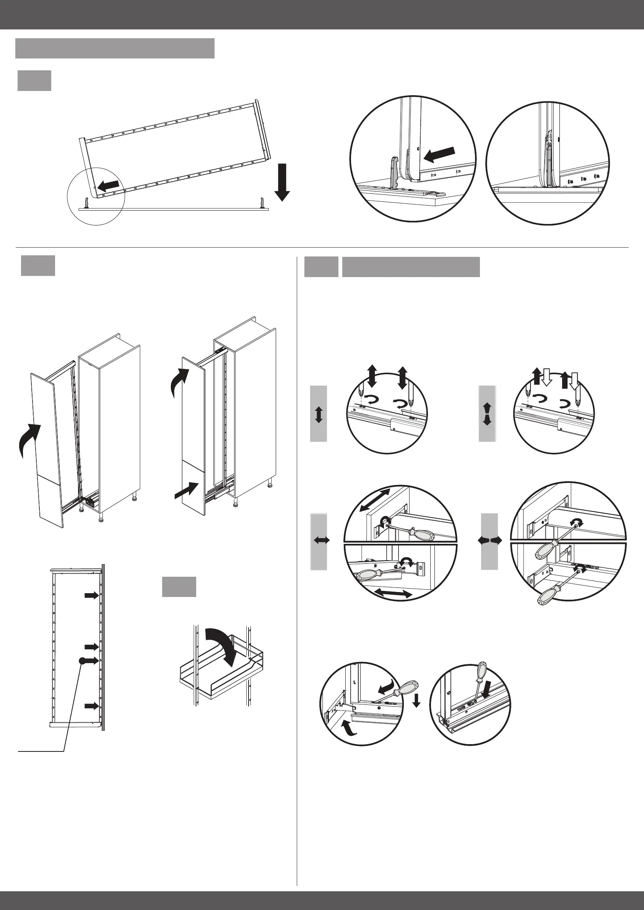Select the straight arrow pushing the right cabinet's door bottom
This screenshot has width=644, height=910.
(x=187, y=490)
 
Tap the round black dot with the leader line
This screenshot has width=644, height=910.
(x=82, y=661)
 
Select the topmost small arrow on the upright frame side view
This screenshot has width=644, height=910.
(x=92, y=595)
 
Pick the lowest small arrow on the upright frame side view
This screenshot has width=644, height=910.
(x=92, y=706)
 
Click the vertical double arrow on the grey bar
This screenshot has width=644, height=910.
(x=319, y=414)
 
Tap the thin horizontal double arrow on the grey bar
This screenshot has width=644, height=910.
(x=322, y=540)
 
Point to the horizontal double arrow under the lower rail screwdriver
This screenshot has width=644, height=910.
(x=393, y=594)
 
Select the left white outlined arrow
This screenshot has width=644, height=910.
(x=546, y=376)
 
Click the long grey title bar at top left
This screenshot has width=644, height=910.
(x=115, y=49)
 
